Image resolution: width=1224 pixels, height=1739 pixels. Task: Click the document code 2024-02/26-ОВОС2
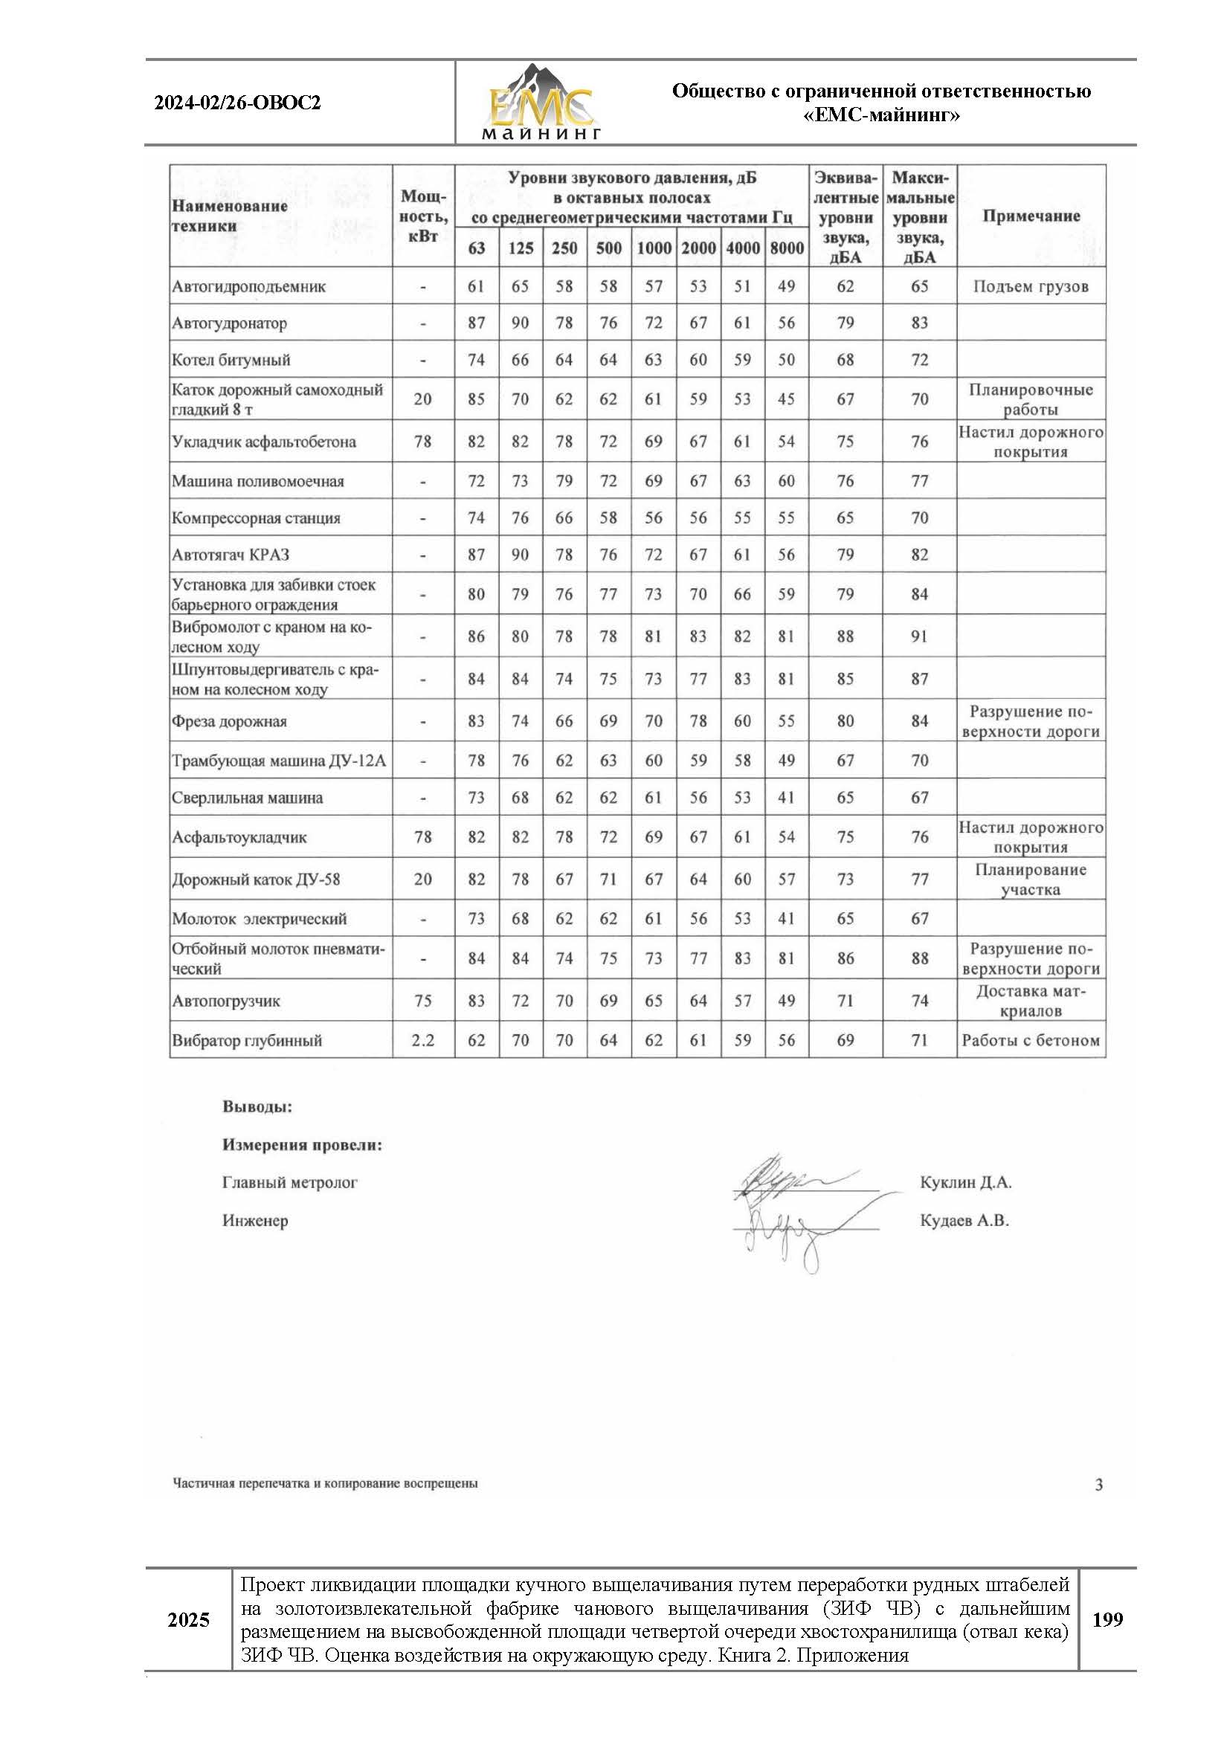pyautogui.click(x=237, y=103)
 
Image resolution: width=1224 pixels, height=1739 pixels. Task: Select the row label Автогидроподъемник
pyautogui.click(x=248, y=287)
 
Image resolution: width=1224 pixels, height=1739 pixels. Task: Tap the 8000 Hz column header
pyautogui.click(x=786, y=248)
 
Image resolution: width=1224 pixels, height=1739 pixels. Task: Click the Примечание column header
pyautogui.click(x=1030, y=216)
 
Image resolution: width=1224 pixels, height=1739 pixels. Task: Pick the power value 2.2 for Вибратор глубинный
pyautogui.click(x=422, y=1041)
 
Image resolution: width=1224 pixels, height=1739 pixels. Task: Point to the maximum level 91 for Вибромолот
pyautogui.click(x=919, y=636)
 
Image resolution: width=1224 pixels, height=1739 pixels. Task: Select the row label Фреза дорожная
pyautogui.click(x=229, y=721)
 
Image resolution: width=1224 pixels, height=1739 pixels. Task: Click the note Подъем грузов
pyautogui.click(x=1030, y=287)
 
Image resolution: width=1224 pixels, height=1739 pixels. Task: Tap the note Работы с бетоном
pyautogui.click(x=1030, y=1041)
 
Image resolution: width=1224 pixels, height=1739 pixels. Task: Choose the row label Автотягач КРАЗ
pyautogui.click(x=231, y=555)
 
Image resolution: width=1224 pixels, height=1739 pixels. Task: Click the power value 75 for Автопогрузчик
pyautogui.click(x=422, y=1001)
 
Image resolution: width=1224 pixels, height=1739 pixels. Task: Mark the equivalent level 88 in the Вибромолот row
pyautogui.click(x=845, y=636)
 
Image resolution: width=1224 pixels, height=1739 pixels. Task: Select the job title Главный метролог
pyautogui.click(x=289, y=1182)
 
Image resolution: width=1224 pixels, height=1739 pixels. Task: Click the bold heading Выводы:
pyautogui.click(x=257, y=1107)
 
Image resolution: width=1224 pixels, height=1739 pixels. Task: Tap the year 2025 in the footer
pyautogui.click(x=188, y=1621)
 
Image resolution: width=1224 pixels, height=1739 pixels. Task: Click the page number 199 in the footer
pyautogui.click(x=1107, y=1620)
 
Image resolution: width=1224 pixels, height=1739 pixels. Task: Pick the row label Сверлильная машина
pyautogui.click(x=247, y=798)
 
